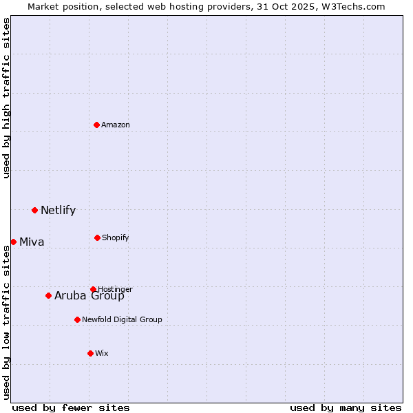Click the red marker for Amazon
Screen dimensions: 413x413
click(x=96, y=125)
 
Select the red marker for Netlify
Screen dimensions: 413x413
click(x=34, y=210)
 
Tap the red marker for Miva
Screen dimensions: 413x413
click(x=13, y=242)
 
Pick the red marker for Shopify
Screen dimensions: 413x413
click(x=97, y=237)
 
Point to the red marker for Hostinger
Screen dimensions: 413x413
click(x=93, y=289)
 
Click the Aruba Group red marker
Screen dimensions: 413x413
click(x=48, y=295)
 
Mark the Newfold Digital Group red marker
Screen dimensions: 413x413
click(x=77, y=319)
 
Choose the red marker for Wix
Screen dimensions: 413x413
click(x=90, y=353)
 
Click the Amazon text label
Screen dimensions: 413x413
click(x=116, y=125)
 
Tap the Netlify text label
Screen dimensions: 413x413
click(x=58, y=210)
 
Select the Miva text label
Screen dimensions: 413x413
click(x=32, y=242)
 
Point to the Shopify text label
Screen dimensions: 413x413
click(x=115, y=237)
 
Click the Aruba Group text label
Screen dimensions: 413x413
click(x=89, y=296)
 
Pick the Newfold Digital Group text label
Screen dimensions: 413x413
click(x=122, y=319)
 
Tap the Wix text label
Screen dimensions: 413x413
click(x=102, y=353)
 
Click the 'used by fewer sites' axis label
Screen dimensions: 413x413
click(x=71, y=407)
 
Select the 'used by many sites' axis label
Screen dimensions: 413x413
click(x=346, y=407)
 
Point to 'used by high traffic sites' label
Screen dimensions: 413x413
click(x=6, y=98)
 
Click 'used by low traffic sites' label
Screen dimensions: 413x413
click(x=6, y=322)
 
